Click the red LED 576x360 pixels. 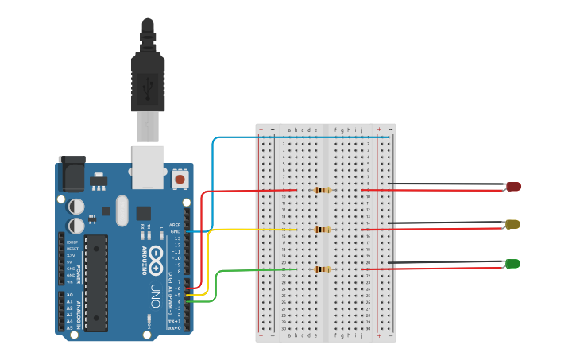point(513,187)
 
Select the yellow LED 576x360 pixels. point(512,225)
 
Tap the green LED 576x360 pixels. point(512,264)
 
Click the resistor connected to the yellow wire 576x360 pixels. point(322,230)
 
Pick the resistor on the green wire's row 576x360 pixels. point(322,269)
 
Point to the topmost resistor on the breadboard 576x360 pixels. point(322,190)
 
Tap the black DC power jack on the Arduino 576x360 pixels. point(72,172)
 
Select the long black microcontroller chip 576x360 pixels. point(96,282)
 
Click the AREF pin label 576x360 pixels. point(176,225)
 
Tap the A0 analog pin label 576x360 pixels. point(69,295)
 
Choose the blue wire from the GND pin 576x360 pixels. point(213,183)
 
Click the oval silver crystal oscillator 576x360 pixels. point(121,211)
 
